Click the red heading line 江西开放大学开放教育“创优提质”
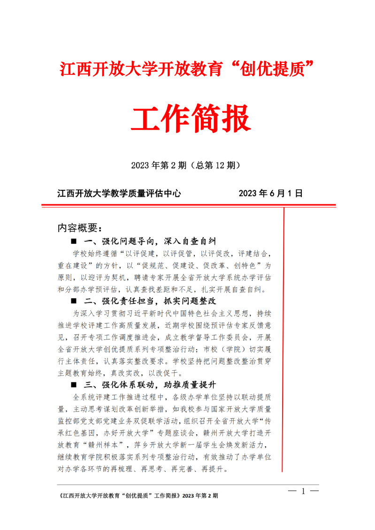coord(187,69)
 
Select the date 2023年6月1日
coord(271,193)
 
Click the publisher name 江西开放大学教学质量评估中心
coord(119,193)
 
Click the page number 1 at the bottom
coord(303,491)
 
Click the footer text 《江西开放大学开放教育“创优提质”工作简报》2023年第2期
coord(137,495)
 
